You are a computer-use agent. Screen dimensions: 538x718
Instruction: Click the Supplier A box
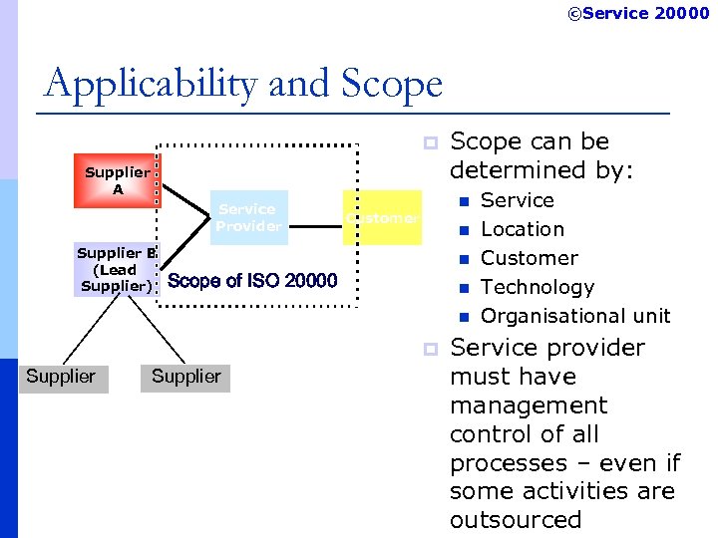(117, 180)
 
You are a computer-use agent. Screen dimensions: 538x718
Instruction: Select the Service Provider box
(248, 217)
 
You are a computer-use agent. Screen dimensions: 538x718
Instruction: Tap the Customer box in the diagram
(383, 217)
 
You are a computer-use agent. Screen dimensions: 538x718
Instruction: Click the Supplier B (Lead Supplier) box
(116, 269)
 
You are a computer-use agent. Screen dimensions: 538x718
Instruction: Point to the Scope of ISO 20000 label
(253, 281)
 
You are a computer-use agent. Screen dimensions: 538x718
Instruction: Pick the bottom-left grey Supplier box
(62, 377)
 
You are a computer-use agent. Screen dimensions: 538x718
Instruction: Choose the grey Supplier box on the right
(186, 377)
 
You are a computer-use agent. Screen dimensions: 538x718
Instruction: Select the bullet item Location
(522, 229)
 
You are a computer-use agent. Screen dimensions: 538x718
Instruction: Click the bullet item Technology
(537, 287)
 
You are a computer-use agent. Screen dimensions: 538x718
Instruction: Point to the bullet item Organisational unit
(575, 316)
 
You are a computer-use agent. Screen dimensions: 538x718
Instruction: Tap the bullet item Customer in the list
(529, 258)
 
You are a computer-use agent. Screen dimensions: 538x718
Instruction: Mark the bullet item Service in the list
(517, 200)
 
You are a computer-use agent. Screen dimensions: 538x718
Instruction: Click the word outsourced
(515, 520)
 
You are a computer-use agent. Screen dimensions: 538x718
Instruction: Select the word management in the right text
(528, 405)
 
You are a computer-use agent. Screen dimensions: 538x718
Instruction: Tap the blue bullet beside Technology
(463, 289)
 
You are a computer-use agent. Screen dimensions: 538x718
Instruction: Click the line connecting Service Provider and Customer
(315, 214)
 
